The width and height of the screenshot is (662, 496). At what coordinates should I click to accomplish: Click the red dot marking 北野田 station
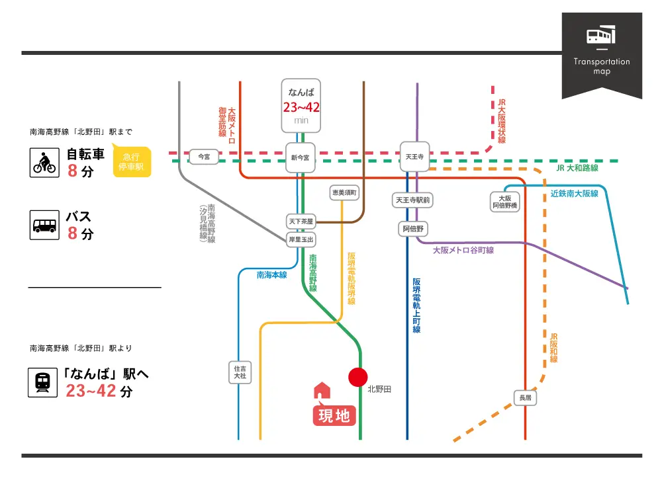(x=358, y=377)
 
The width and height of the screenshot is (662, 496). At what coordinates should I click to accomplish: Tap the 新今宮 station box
(x=301, y=157)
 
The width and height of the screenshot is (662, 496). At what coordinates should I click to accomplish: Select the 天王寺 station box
(x=414, y=157)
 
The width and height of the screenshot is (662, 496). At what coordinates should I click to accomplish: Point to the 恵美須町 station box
(x=344, y=192)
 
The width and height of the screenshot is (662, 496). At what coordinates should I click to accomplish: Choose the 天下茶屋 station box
(x=301, y=222)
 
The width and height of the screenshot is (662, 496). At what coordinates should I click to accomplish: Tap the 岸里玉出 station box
(x=301, y=239)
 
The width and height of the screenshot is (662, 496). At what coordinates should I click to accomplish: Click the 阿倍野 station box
(x=414, y=229)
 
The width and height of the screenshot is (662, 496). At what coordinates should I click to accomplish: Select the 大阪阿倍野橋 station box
(x=505, y=202)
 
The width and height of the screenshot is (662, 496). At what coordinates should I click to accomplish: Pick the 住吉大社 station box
(x=239, y=372)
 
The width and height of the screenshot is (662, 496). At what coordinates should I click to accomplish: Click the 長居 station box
(x=525, y=398)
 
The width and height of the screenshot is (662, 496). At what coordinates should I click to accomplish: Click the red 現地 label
(x=334, y=416)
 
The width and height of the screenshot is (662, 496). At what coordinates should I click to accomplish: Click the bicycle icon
(x=45, y=162)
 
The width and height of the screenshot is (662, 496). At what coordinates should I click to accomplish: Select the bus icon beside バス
(x=45, y=226)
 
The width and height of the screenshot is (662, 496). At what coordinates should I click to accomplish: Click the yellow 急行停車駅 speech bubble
(x=132, y=161)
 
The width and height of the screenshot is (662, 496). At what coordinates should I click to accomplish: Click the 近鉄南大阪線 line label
(x=574, y=194)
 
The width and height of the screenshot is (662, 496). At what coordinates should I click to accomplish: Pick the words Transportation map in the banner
(x=602, y=66)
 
